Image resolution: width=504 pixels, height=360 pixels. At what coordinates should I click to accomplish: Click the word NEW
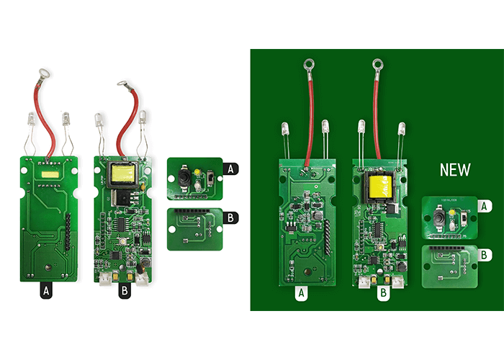coord(455,170)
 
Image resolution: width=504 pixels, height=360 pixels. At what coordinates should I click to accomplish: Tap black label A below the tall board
coord(46,291)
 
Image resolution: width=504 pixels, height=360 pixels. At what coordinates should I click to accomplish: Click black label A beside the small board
coord(230,169)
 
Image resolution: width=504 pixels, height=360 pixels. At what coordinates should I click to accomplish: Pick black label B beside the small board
coord(230,216)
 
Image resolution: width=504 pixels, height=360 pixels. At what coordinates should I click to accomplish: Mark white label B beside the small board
coord(485,254)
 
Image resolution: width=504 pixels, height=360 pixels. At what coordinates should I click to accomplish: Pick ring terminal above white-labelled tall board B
coord(376,64)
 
